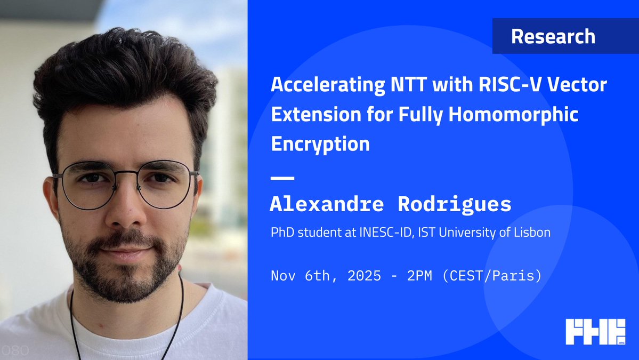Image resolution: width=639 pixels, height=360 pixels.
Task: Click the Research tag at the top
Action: coord(553,36)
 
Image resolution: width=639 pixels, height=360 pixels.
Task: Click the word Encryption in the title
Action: coord(320,143)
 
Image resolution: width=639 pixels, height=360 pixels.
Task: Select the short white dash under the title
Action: coord(282,178)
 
